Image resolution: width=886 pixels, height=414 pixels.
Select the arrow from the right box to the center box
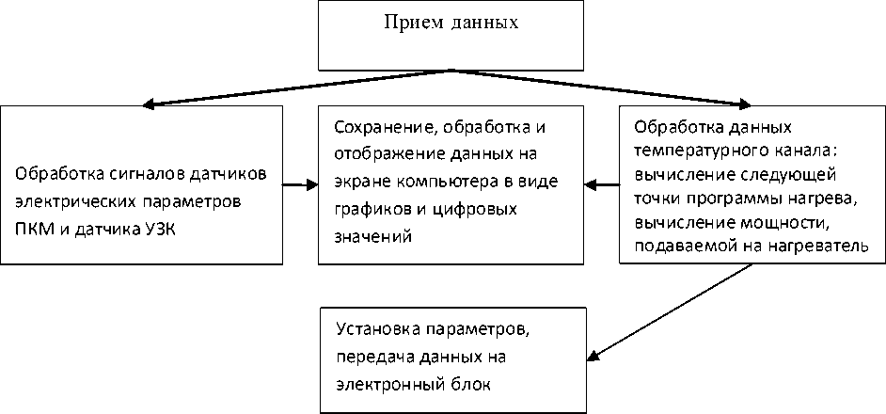(x=601, y=183)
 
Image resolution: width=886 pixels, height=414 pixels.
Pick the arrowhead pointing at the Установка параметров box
(x=594, y=356)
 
